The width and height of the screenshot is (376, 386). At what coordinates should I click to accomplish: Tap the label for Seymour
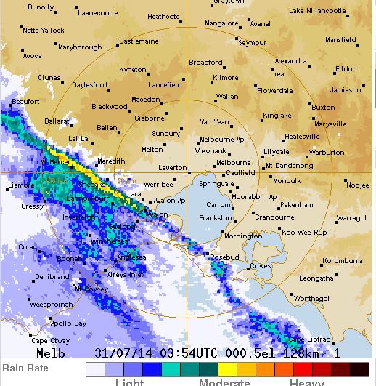[x=253, y=43]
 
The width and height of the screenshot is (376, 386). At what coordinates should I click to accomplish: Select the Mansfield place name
[x=340, y=40]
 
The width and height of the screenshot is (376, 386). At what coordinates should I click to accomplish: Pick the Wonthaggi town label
[x=311, y=298]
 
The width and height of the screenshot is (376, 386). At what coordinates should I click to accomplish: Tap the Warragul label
[x=352, y=217]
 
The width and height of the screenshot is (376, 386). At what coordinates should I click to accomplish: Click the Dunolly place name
[x=41, y=7]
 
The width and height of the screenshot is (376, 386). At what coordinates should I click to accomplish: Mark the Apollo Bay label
[x=68, y=323]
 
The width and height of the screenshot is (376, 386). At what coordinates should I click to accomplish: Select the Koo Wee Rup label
[x=304, y=232]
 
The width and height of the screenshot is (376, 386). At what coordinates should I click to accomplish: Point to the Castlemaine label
[x=139, y=41]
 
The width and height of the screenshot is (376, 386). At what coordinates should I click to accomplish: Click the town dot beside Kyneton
[x=149, y=73]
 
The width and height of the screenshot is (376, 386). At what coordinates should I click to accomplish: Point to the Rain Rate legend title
[x=25, y=368]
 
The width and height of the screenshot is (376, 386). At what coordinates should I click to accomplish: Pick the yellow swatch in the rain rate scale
[x=226, y=369]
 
